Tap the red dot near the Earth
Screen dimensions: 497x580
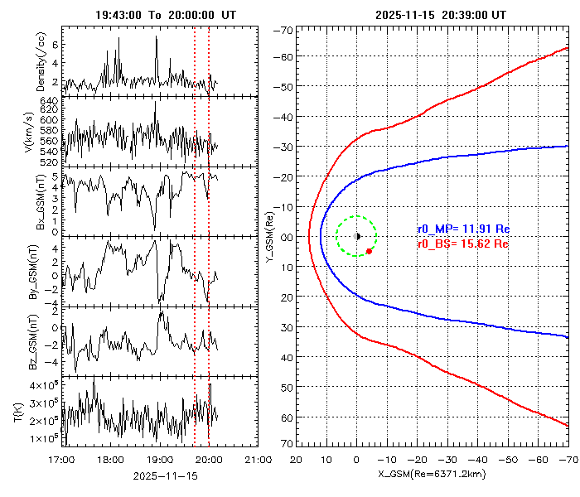[369, 251]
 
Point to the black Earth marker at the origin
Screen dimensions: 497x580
[357, 236]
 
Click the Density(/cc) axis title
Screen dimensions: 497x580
[31, 60]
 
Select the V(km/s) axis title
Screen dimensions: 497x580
[31, 131]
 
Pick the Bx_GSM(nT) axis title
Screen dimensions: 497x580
[31, 201]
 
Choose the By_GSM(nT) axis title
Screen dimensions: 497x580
[31, 272]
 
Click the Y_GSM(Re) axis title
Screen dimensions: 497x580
[268, 236]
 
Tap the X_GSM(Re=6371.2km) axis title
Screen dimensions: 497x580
[430, 475]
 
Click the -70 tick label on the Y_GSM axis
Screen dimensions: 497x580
[285, 31]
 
